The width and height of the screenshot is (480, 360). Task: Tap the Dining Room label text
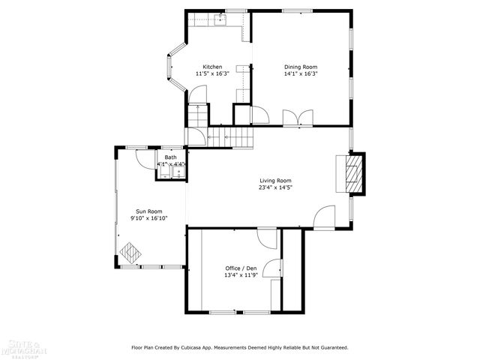300,67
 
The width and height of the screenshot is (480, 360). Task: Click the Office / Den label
241,268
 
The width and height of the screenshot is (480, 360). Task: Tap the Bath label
170,157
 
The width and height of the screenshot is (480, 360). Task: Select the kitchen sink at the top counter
220,19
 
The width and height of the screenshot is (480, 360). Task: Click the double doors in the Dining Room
293,118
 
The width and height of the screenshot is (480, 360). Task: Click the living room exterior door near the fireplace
324,217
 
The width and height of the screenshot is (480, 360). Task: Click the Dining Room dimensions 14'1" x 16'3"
300,74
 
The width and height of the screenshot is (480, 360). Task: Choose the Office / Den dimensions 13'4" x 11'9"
241,275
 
